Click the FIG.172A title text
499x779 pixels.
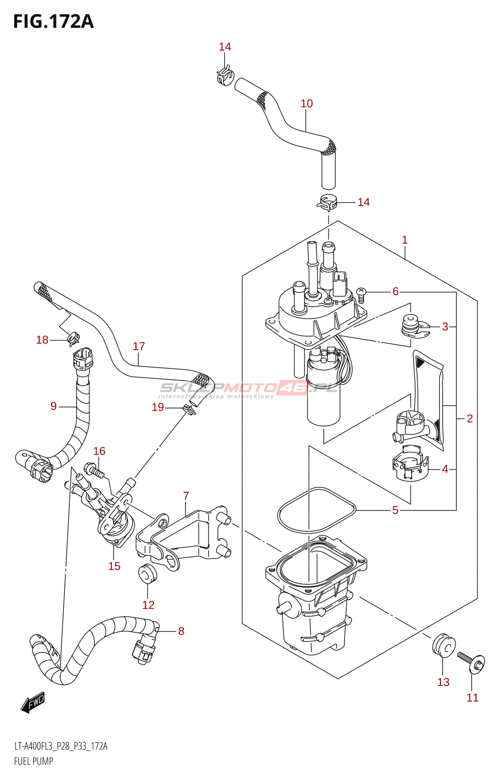click(53, 21)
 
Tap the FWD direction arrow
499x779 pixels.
click(33, 703)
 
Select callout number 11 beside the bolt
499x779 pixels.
click(472, 697)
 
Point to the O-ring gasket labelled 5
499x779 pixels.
click(316, 510)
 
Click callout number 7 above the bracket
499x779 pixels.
click(186, 496)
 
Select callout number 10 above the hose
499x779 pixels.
click(307, 103)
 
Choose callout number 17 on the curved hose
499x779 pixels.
click(139, 346)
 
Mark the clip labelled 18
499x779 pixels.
click(74, 336)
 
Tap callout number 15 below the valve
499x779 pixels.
click(114, 566)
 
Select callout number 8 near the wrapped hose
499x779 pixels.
click(181, 631)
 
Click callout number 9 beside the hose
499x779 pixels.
click(54, 406)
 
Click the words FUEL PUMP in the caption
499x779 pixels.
click(34, 761)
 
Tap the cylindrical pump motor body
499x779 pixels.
click(323, 399)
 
